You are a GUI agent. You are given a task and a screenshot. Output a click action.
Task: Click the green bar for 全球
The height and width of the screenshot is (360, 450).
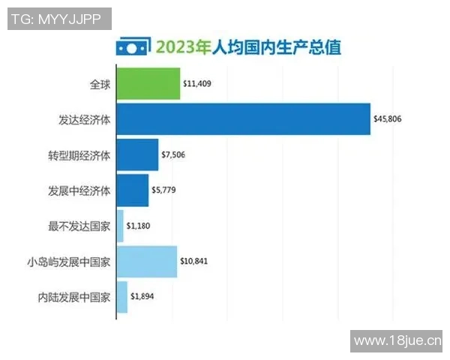tap(148, 83)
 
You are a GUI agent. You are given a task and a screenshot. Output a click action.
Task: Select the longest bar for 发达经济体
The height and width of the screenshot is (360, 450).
tap(243, 118)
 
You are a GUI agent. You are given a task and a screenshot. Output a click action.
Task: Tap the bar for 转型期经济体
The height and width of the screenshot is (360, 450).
tap(137, 154)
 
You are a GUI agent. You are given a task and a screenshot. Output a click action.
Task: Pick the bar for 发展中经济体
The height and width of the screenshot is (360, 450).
tap(133, 190)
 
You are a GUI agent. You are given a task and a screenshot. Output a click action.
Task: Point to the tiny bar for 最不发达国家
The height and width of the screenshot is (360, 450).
tap(120, 226)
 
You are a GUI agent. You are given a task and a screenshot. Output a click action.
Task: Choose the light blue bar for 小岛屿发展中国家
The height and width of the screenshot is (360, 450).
tap(146, 262)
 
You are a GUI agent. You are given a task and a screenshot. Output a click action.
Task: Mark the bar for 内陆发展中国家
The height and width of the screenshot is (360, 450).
tap(121, 297)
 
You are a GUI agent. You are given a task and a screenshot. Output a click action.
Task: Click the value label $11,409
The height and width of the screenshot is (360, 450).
tap(197, 84)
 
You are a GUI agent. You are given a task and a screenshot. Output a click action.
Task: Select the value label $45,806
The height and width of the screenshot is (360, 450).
tap(388, 119)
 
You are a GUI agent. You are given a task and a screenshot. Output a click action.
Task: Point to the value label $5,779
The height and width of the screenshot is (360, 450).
tap(165, 190)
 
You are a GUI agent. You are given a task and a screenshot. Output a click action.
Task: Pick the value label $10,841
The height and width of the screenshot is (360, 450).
tap(194, 262)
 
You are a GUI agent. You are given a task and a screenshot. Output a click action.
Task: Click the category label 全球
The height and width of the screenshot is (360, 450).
tap(99, 84)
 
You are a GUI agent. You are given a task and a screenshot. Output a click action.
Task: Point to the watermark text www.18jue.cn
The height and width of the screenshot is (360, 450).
tap(397, 342)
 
